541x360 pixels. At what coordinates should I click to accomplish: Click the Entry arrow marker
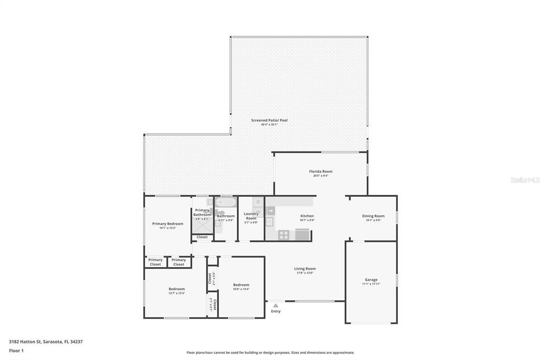pos(275,305)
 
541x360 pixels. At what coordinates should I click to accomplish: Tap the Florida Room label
pos(321,172)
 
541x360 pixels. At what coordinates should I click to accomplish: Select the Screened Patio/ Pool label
pos(269,120)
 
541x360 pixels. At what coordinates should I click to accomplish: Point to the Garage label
pos(371,280)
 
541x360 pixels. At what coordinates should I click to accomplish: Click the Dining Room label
pos(373,216)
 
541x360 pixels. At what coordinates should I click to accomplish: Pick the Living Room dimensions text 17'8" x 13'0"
pos(305,273)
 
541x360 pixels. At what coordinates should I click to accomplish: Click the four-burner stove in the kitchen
pos(284,235)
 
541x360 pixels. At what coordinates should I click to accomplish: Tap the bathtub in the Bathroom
pos(226,202)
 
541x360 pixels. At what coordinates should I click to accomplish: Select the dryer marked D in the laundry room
pos(258,202)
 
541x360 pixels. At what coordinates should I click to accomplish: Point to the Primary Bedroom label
pos(167,224)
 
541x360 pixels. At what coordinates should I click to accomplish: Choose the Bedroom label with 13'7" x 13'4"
pos(176,289)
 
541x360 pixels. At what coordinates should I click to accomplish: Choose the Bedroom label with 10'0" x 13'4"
pos(241,285)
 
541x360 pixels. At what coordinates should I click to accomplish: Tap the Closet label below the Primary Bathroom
pos(202,237)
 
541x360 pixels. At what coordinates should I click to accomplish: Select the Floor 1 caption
pos(16,350)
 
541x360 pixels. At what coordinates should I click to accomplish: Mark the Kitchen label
pos(307,216)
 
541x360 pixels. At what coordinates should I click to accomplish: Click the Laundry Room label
pos(251,216)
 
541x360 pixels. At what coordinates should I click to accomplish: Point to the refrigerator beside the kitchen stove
pos(302,235)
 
